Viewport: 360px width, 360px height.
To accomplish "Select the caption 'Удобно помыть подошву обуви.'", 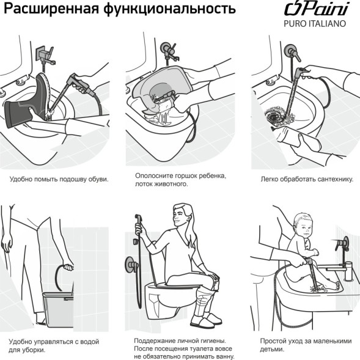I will (59, 180).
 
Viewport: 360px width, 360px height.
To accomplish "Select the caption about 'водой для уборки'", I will (53, 345).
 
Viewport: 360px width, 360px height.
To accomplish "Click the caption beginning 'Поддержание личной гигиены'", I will (184, 348).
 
